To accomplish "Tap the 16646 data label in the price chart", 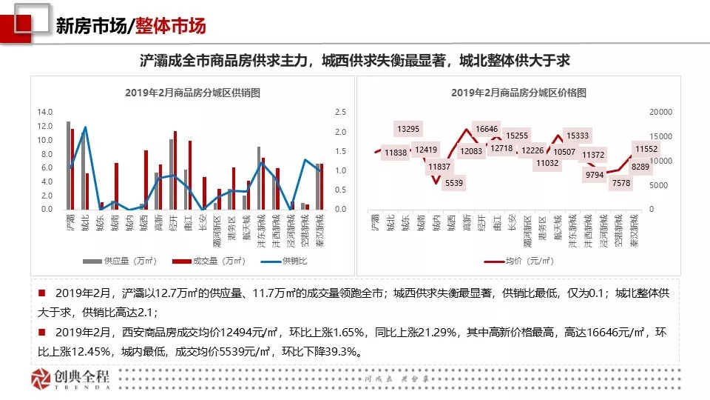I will coord(487,129).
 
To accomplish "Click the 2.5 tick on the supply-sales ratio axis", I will coord(340,112).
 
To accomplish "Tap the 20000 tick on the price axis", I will coord(660,112).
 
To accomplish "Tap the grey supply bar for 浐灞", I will coord(68,165).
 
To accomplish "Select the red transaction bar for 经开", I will coord(175,170).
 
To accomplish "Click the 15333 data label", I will coord(577,136).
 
